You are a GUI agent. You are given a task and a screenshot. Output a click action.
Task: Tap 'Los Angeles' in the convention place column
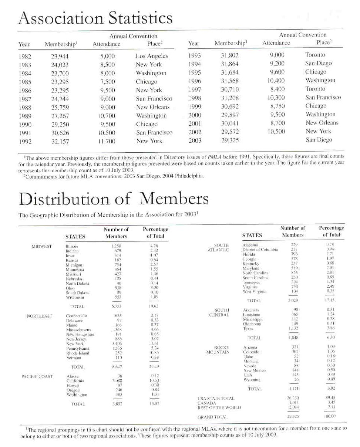pyautogui.click(x=152, y=56)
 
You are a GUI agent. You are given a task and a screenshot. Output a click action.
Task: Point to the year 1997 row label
pyautogui.click(x=195, y=89)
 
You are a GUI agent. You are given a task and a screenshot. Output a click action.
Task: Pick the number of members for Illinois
pyautogui.click(x=116, y=246)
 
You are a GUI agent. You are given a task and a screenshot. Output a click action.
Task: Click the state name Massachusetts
pyautogui.click(x=78, y=329)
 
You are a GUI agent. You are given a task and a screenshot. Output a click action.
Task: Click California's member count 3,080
pyautogui.click(x=117, y=381)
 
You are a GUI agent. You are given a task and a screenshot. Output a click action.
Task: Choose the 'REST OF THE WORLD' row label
pyautogui.click(x=219, y=408)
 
